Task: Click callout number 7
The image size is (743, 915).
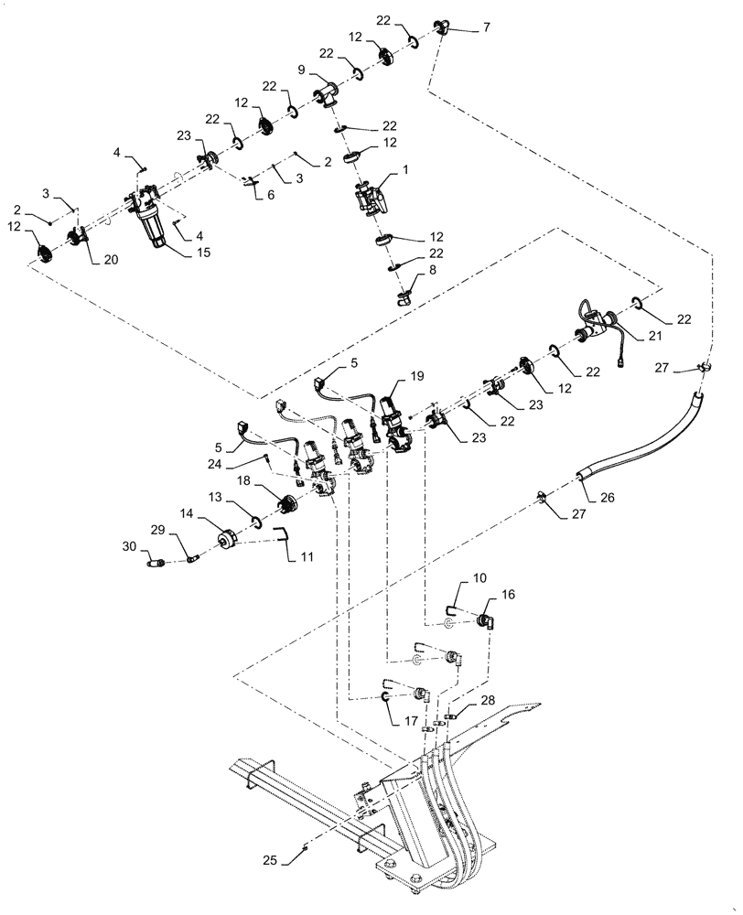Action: click(486, 28)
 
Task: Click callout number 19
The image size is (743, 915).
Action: click(417, 376)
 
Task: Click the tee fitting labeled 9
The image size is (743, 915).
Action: click(325, 95)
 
